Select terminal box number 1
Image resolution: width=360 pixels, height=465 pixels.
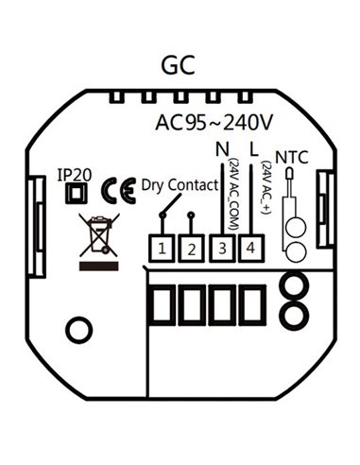163,250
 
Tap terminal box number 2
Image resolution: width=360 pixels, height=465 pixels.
192,250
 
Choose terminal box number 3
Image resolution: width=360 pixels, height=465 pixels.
222,250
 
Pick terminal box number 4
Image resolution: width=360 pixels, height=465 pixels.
251,250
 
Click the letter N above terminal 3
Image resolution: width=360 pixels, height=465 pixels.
223,149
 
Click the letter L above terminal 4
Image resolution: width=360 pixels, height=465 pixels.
251,149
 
